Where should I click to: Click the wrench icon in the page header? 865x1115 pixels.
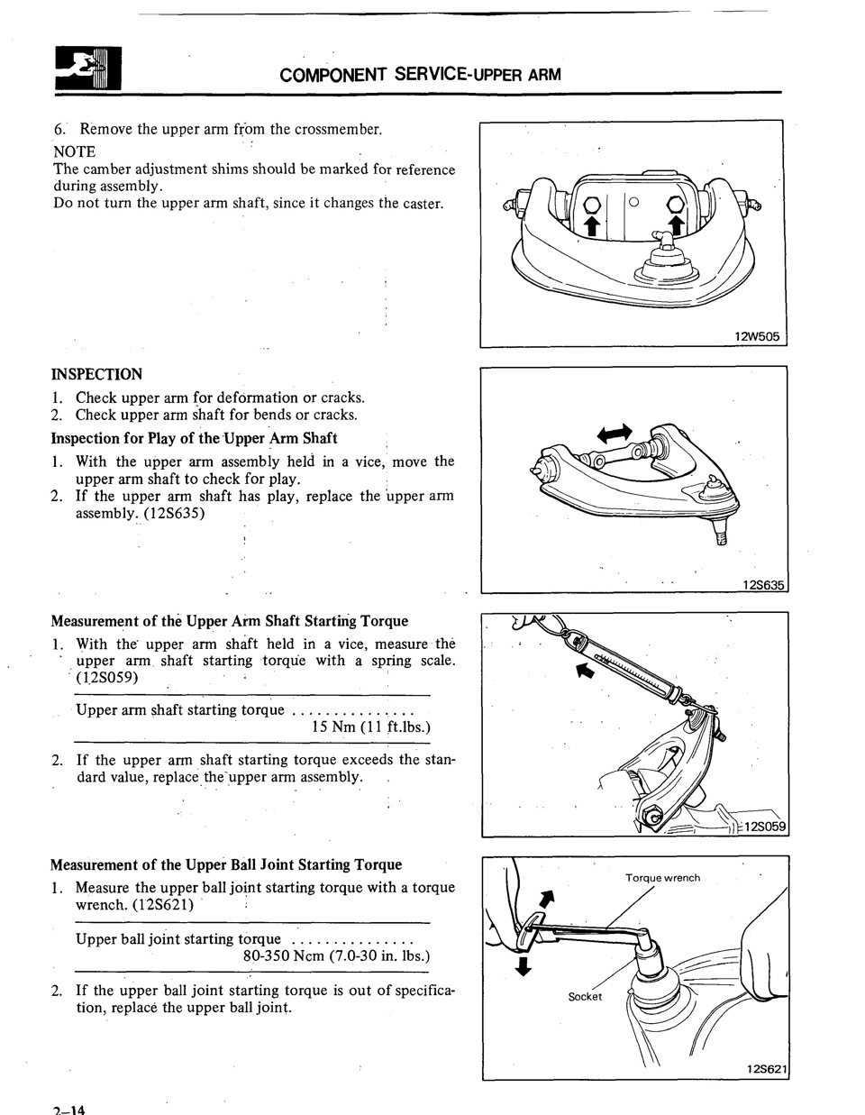(x=87, y=70)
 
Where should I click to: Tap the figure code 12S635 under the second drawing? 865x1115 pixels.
(x=764, y=585)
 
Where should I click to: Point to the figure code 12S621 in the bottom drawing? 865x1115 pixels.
(x=767, y=1069)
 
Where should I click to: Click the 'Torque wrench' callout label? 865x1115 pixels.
(x=662, y=878)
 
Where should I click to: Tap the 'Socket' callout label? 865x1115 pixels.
(x=585, y=996)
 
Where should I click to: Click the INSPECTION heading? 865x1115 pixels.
(x=96, y=374)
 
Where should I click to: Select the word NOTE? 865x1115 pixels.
(x=74, y=151)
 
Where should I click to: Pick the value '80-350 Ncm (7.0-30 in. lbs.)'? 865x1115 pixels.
(x=336, y=955)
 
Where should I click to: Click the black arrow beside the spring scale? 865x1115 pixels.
(x=585, y=671)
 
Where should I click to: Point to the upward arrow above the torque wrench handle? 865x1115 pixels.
(x=545, y=898)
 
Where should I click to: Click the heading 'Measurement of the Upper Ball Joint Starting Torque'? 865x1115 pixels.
(x=226, y=864)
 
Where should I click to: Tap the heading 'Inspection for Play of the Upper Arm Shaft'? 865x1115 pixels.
(x=194, y=438)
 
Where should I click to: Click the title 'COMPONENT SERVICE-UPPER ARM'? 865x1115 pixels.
(x=420, y=74)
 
